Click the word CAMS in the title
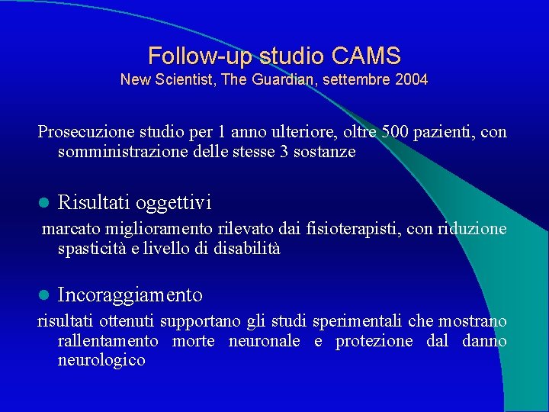point(366,56)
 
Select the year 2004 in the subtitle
point(412,79)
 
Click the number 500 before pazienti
point(395,132)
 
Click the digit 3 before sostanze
point(285,152)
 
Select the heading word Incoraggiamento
point(130,295)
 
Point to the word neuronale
point(265,341)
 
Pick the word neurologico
point(101,360)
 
